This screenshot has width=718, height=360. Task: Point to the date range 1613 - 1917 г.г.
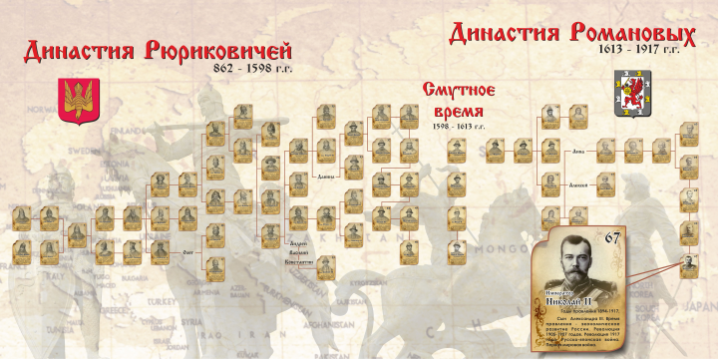(639, 48)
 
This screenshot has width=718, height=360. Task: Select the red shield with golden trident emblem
(75, 102)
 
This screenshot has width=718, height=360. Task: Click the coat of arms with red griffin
(628, 86)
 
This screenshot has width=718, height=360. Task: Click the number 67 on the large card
(612, 237)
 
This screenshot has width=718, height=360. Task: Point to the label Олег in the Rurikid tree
(187, 251)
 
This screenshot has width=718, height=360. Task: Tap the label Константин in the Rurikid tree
(299, 261)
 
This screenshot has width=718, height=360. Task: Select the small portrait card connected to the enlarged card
(689, 265)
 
